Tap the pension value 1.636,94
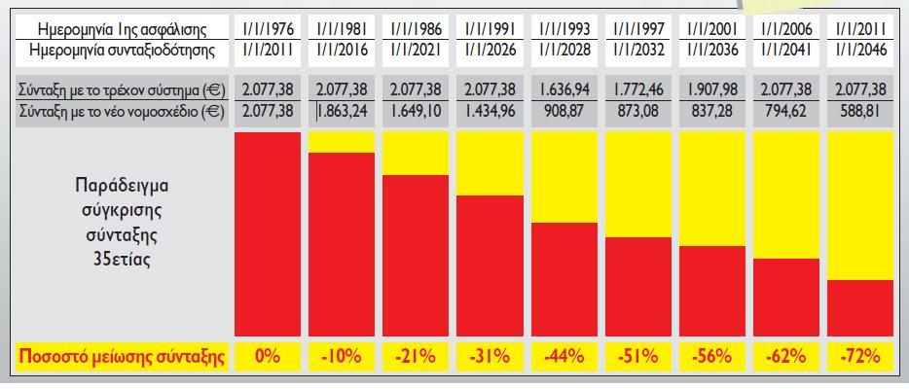(564, 90)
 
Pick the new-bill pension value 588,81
(859, 110)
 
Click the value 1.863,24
(342, 110)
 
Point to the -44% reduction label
(564, 357)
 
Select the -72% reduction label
(859, 357)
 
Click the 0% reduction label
(268, 357)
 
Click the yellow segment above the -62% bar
(785, 194)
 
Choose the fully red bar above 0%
(268, 233)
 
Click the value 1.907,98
(711, 90)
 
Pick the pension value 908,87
(564, 110)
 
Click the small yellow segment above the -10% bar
(342, 141)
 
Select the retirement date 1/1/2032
(637, 50)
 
